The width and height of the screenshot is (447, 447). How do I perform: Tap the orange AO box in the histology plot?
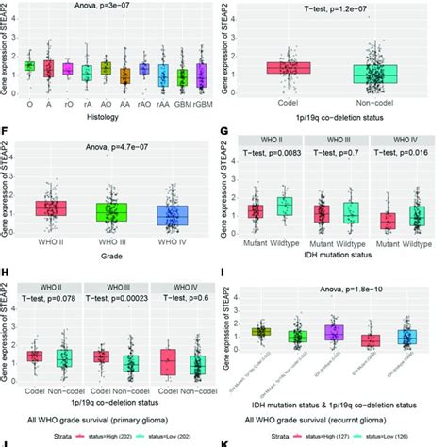(x=106, y=68)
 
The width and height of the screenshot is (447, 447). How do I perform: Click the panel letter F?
(x=8, y=130)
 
